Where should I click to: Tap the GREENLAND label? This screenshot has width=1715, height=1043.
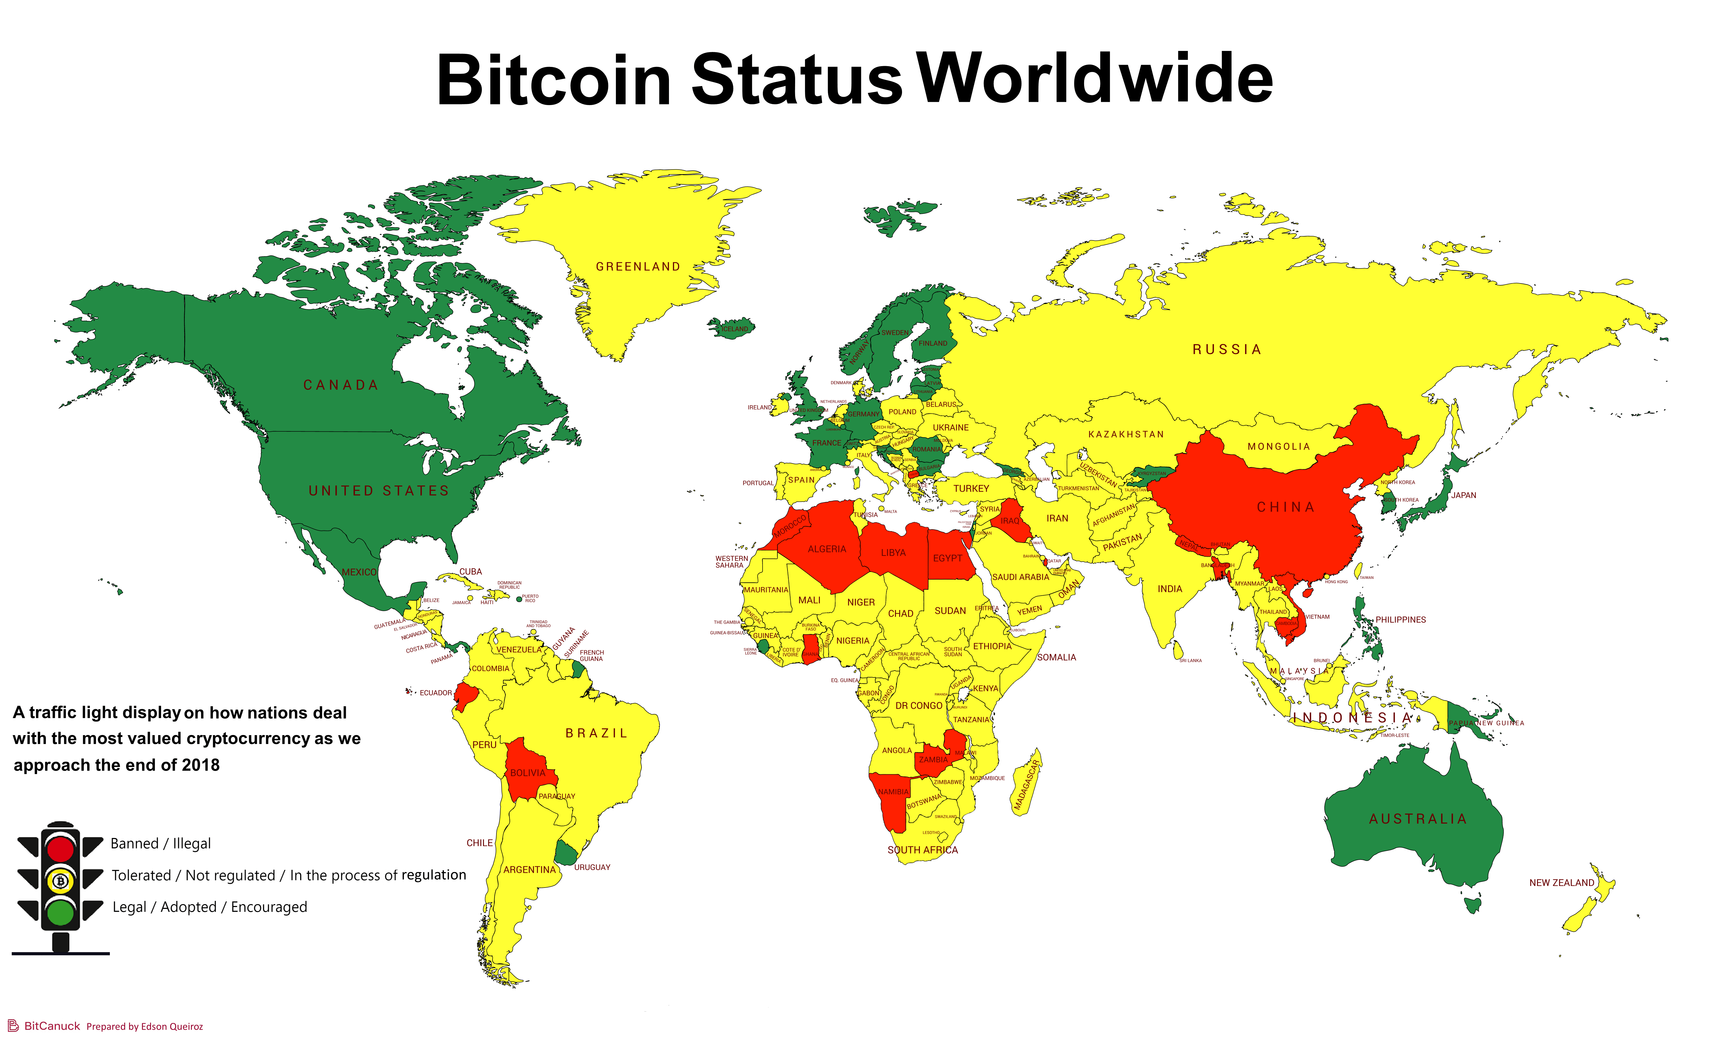click(638, 267)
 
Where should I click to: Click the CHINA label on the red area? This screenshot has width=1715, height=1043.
click(1285, 507)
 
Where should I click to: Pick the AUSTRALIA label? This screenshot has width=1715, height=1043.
click(1418, 819)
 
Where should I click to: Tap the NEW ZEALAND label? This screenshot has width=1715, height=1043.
click(1561, 882)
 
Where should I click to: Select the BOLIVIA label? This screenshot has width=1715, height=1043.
click(528, 773)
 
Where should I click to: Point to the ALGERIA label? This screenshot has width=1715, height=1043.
click(827, 549)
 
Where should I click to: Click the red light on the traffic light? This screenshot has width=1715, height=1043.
click(61, 849)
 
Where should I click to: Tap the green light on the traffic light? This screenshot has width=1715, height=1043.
click(61, 912)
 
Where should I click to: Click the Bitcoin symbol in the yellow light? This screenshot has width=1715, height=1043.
click(61, 881)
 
